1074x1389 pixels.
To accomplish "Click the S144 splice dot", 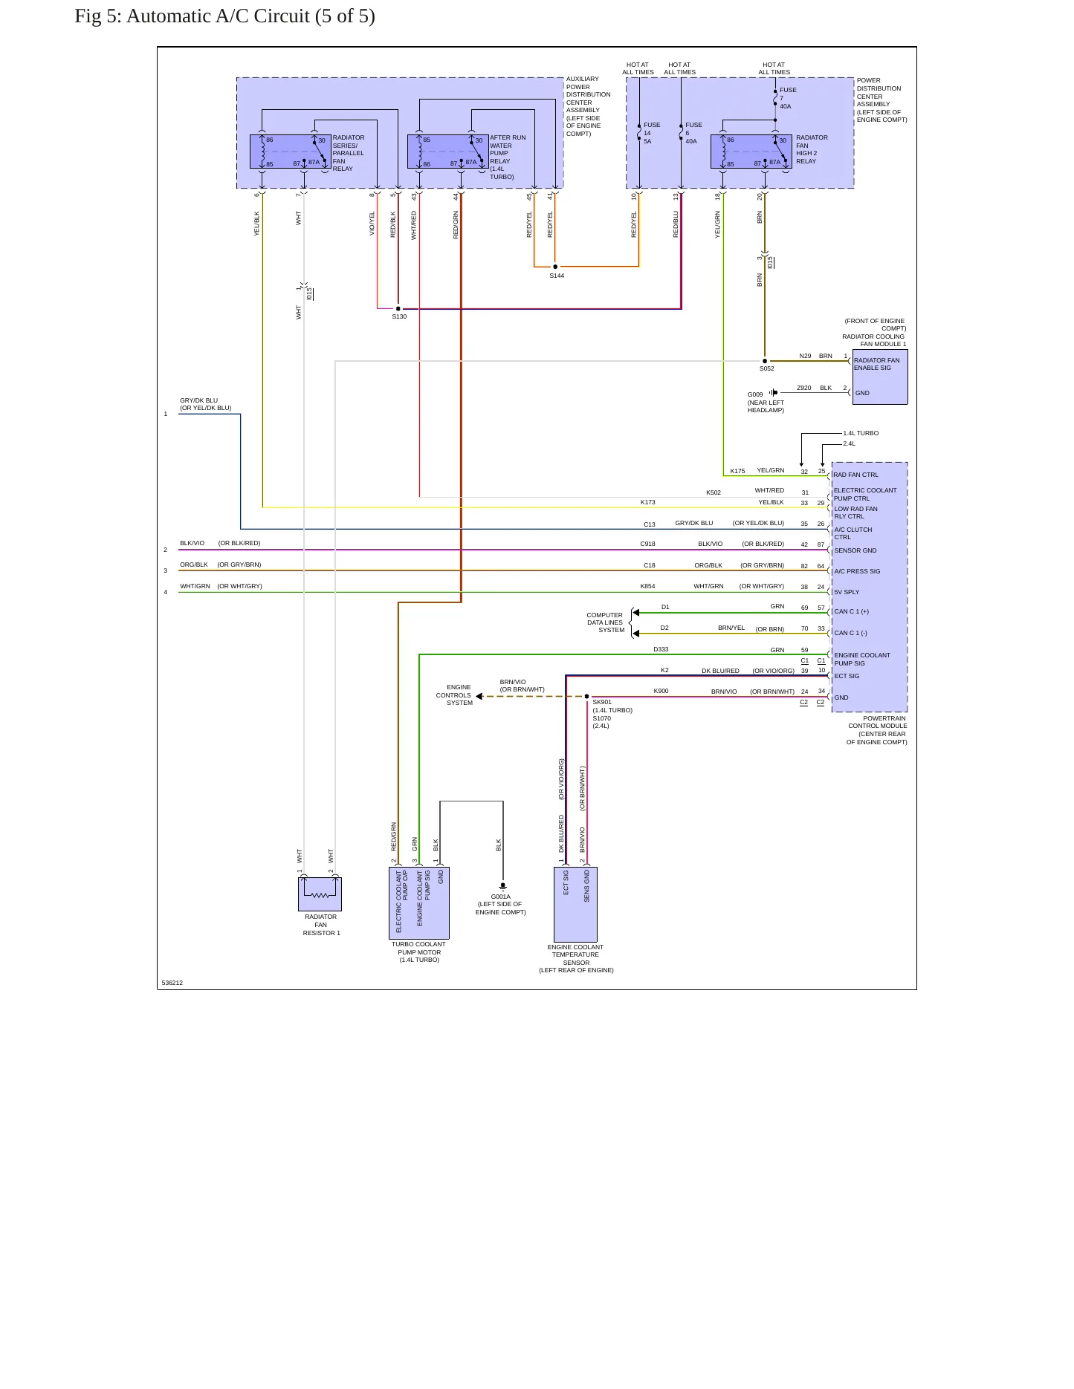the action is (555, 267).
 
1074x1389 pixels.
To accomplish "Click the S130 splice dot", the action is (398, 308).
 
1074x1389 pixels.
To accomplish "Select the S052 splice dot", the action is (765, 361).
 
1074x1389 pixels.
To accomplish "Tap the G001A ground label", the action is (501, 897).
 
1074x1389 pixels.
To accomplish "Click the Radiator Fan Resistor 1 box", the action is (320, 894).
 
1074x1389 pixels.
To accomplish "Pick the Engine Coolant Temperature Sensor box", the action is (575, 905).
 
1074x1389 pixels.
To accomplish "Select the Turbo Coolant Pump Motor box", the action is (419, 903).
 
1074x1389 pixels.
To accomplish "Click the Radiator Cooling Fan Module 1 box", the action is (880, 377).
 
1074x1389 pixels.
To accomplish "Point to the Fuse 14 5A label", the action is (652, 133).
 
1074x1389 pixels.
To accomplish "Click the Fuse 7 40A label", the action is (788, 98).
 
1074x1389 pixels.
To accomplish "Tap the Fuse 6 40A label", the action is (693, 133).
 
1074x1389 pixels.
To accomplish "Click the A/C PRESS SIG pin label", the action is (857, 571).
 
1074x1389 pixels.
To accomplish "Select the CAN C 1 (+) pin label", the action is (851, 612).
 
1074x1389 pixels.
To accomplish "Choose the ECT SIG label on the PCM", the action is (847, 676).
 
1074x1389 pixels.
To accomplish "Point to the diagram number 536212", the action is (172, 983).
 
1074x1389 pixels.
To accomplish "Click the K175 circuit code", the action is (737, 471).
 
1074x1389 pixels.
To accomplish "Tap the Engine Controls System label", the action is (454, 695).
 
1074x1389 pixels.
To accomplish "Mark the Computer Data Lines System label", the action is (605, 622).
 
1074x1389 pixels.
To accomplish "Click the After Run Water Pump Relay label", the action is (508, 157).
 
